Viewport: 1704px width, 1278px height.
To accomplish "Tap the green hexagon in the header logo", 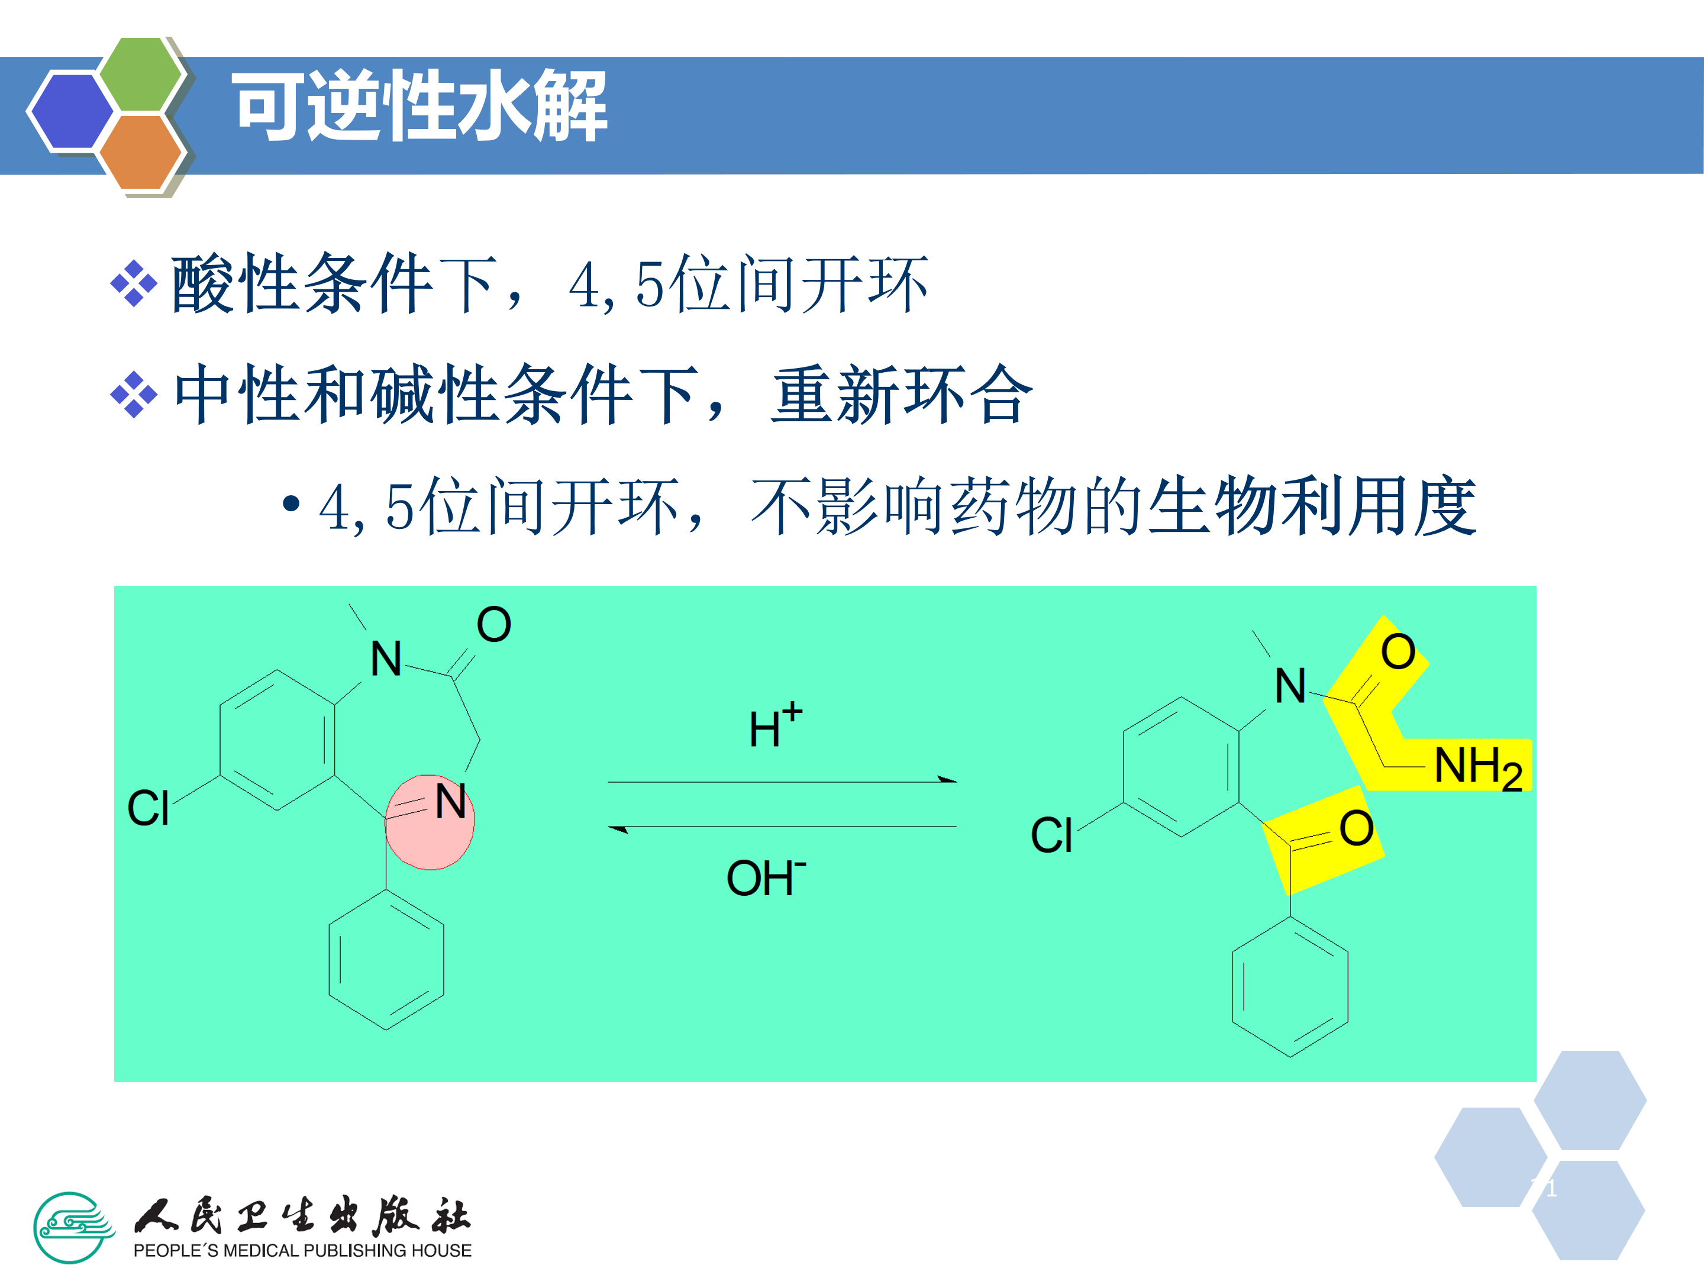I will click(x=140, y=74).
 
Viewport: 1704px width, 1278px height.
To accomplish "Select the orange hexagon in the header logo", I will click(x=140, y=151).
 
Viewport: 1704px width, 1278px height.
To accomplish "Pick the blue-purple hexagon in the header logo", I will click(x=71, y=110).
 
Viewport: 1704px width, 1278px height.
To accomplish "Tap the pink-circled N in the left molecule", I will click(x=450, y=802).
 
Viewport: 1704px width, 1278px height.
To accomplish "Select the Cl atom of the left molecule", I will click(x=148, y=808).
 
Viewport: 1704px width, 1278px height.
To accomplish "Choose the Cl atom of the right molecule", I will click(x=1051, y=835).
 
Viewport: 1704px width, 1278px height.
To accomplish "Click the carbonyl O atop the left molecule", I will click(x=494, y=624).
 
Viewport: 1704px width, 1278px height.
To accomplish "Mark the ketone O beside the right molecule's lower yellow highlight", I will click(x=1356, y=828).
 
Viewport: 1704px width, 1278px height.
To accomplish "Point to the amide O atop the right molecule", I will click(x=1398, y=651).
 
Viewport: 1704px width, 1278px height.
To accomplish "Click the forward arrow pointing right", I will click(x=782, y=781).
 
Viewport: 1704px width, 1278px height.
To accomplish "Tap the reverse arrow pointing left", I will click(x=782, y=827).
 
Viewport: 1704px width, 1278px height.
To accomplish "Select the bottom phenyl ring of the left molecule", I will click(x=386, y=960).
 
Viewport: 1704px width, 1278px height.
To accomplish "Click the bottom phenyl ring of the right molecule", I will click(x=1290, y=987).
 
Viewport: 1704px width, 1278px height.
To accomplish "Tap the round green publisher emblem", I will click(x=72, y=1227).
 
